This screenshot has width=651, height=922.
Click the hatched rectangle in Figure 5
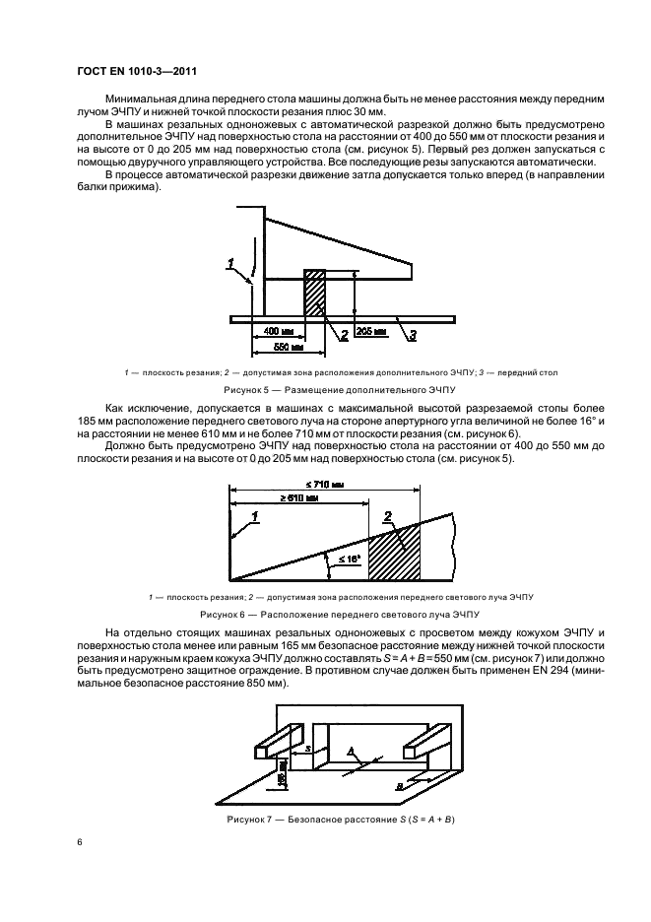314,293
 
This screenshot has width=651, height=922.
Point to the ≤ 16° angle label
345,560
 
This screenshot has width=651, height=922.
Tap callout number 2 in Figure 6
388,515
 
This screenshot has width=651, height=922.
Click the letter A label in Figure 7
351,751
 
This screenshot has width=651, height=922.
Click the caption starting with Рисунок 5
325,390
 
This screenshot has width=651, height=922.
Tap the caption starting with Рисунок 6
325,613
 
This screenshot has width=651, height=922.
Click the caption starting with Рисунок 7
325,820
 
